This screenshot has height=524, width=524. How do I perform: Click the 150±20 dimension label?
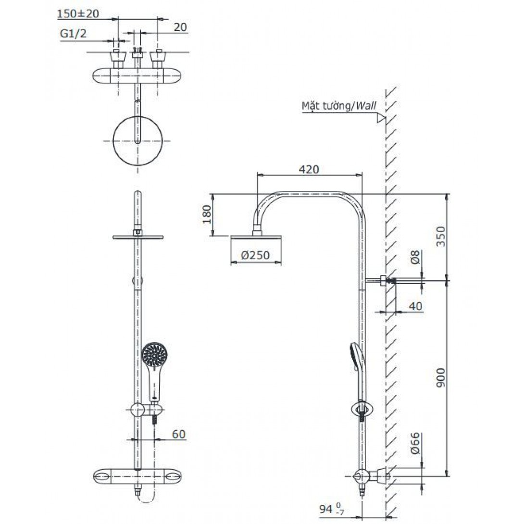(78, 14)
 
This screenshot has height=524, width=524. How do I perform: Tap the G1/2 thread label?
(73, 34)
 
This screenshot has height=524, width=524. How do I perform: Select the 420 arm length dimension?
(309, 169)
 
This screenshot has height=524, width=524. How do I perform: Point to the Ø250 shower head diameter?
(255, 255)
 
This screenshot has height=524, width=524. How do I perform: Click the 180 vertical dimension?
(207, 215)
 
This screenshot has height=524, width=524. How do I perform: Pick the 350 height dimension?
(441, 237)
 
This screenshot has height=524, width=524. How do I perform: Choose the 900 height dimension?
(441, 378)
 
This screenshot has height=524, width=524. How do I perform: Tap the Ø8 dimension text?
(415, 257)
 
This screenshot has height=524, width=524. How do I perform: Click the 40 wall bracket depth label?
(415, 306)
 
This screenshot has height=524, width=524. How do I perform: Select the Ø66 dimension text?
(415, 443)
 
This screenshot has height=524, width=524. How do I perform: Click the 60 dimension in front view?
(178, 434)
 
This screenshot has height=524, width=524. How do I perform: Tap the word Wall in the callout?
(365, 106)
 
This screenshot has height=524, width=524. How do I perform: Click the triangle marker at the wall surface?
(381, 118)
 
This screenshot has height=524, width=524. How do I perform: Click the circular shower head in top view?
(137, 141)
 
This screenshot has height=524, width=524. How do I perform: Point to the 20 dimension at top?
(180, 27)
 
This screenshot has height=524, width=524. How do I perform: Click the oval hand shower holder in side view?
(362, 409)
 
